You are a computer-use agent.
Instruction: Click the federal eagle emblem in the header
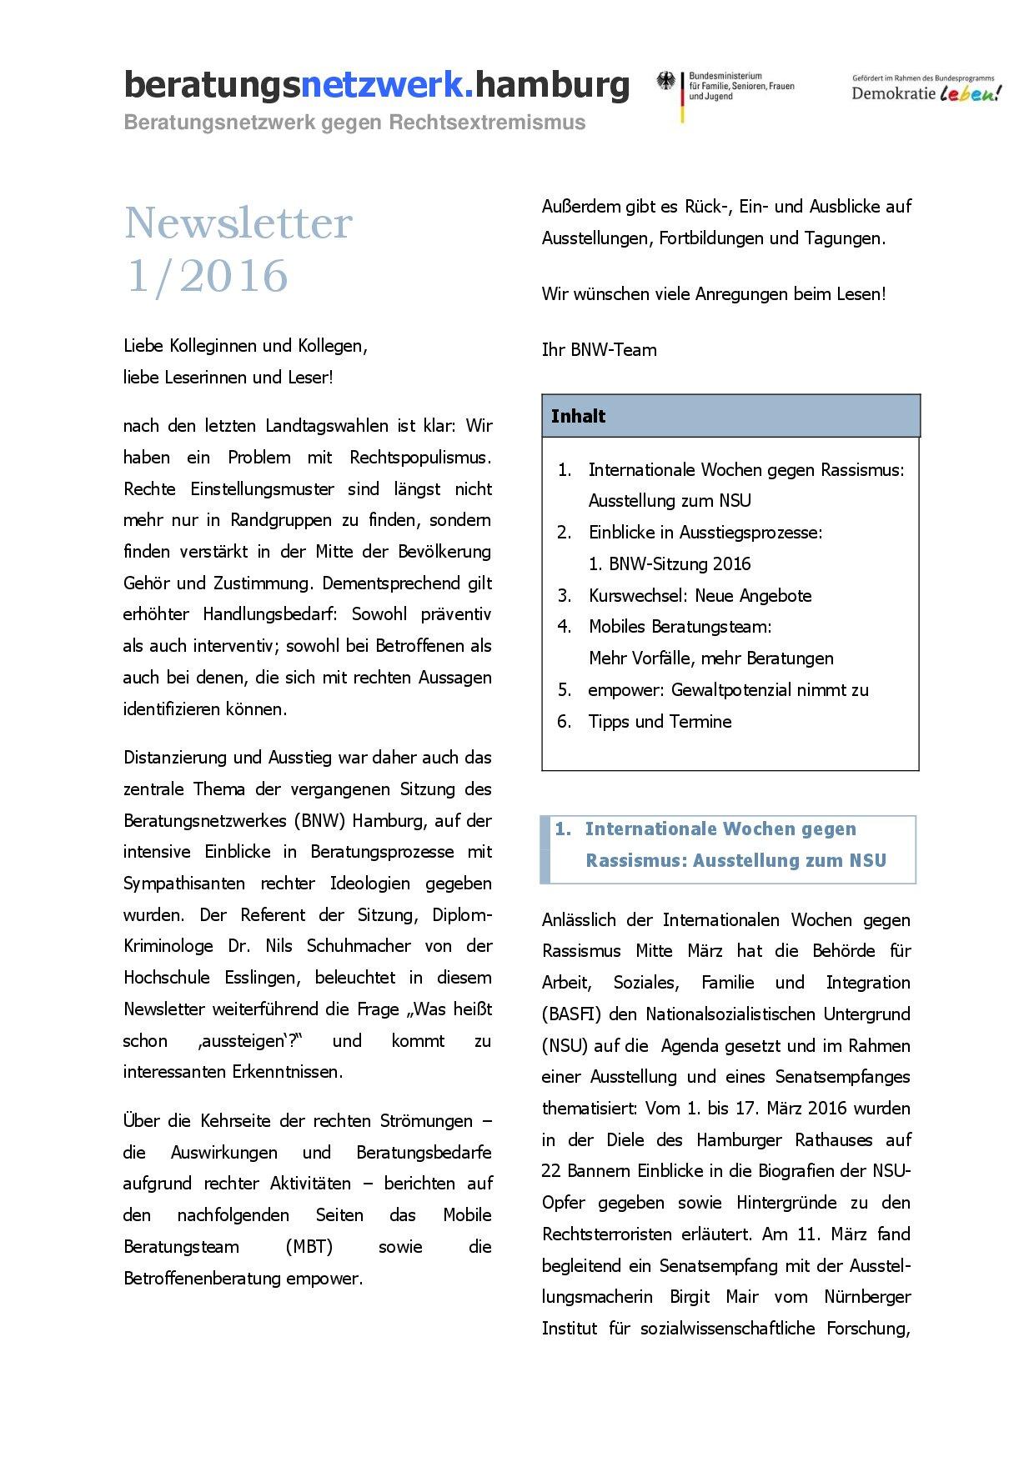[665, 82]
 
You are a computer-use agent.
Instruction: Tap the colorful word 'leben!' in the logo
[970, 94]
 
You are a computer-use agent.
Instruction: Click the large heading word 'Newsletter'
[238, 223]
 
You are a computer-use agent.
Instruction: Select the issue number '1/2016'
[206, 276]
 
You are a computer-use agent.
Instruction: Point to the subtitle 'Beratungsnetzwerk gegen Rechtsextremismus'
[354, 123]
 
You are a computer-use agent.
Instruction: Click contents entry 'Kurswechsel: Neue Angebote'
[700, 595]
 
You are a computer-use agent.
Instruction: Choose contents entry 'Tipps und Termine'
[660, 721]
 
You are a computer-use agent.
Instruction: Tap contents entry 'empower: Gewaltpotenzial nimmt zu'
[728, 690]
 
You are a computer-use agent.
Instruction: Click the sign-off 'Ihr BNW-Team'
[599, 350]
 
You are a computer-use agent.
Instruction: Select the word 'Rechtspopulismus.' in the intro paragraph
[420, 458]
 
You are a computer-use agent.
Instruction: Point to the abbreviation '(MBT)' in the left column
[309, 1247]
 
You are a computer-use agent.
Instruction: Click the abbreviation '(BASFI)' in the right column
[570, 1014]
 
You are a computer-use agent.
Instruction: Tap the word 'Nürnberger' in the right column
[867, 1297]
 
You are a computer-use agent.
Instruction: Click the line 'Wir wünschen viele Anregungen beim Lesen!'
[713, 294]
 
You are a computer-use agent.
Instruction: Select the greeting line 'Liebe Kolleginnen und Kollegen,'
[245, 346]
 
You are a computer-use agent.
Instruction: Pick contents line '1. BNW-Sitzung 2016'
[669, 564]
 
